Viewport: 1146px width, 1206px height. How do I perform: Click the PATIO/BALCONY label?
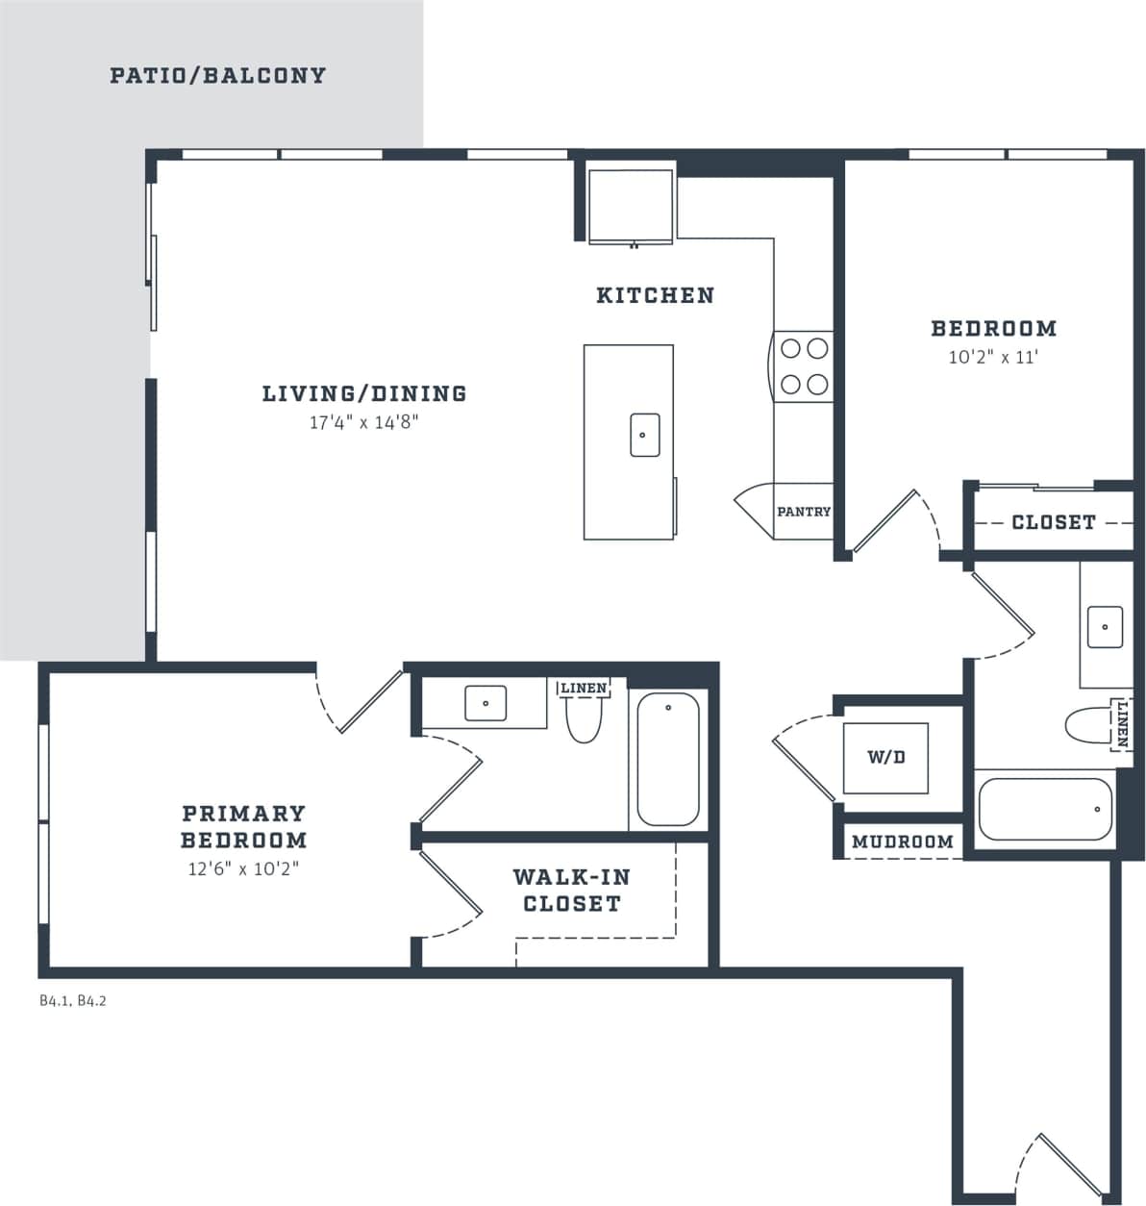[x=217, y=75]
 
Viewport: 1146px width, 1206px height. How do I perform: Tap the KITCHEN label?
[x=655, y=295]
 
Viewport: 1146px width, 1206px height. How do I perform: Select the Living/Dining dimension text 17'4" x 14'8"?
[x=363, y=421]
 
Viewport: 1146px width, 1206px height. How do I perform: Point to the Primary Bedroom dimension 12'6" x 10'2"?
[x=243, y=868]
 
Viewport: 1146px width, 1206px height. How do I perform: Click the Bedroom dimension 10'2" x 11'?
[x=993, y=357]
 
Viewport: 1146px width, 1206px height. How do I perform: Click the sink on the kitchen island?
[x=644, y=435]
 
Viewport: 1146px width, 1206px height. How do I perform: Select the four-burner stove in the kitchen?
[x=805, y=366]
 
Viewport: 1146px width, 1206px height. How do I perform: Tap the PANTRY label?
[x=803, y=512]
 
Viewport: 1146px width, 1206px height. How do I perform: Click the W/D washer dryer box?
[x=885, y=758]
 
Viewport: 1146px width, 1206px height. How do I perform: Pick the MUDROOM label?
[x=902, y=842]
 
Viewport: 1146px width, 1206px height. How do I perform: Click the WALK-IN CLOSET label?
[x=571, y=890]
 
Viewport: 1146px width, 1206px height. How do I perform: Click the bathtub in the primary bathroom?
[x=668, y=760]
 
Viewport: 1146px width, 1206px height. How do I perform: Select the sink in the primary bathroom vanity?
[x=486, y=703]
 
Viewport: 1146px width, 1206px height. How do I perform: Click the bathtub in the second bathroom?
[x=1045, y=809]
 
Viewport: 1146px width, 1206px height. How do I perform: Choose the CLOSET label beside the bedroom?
[x=1053, y=522]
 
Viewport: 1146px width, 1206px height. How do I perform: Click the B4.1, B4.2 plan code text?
[x=72, y=1000]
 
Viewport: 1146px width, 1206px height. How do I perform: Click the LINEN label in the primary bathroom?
[x=584, y=688]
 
